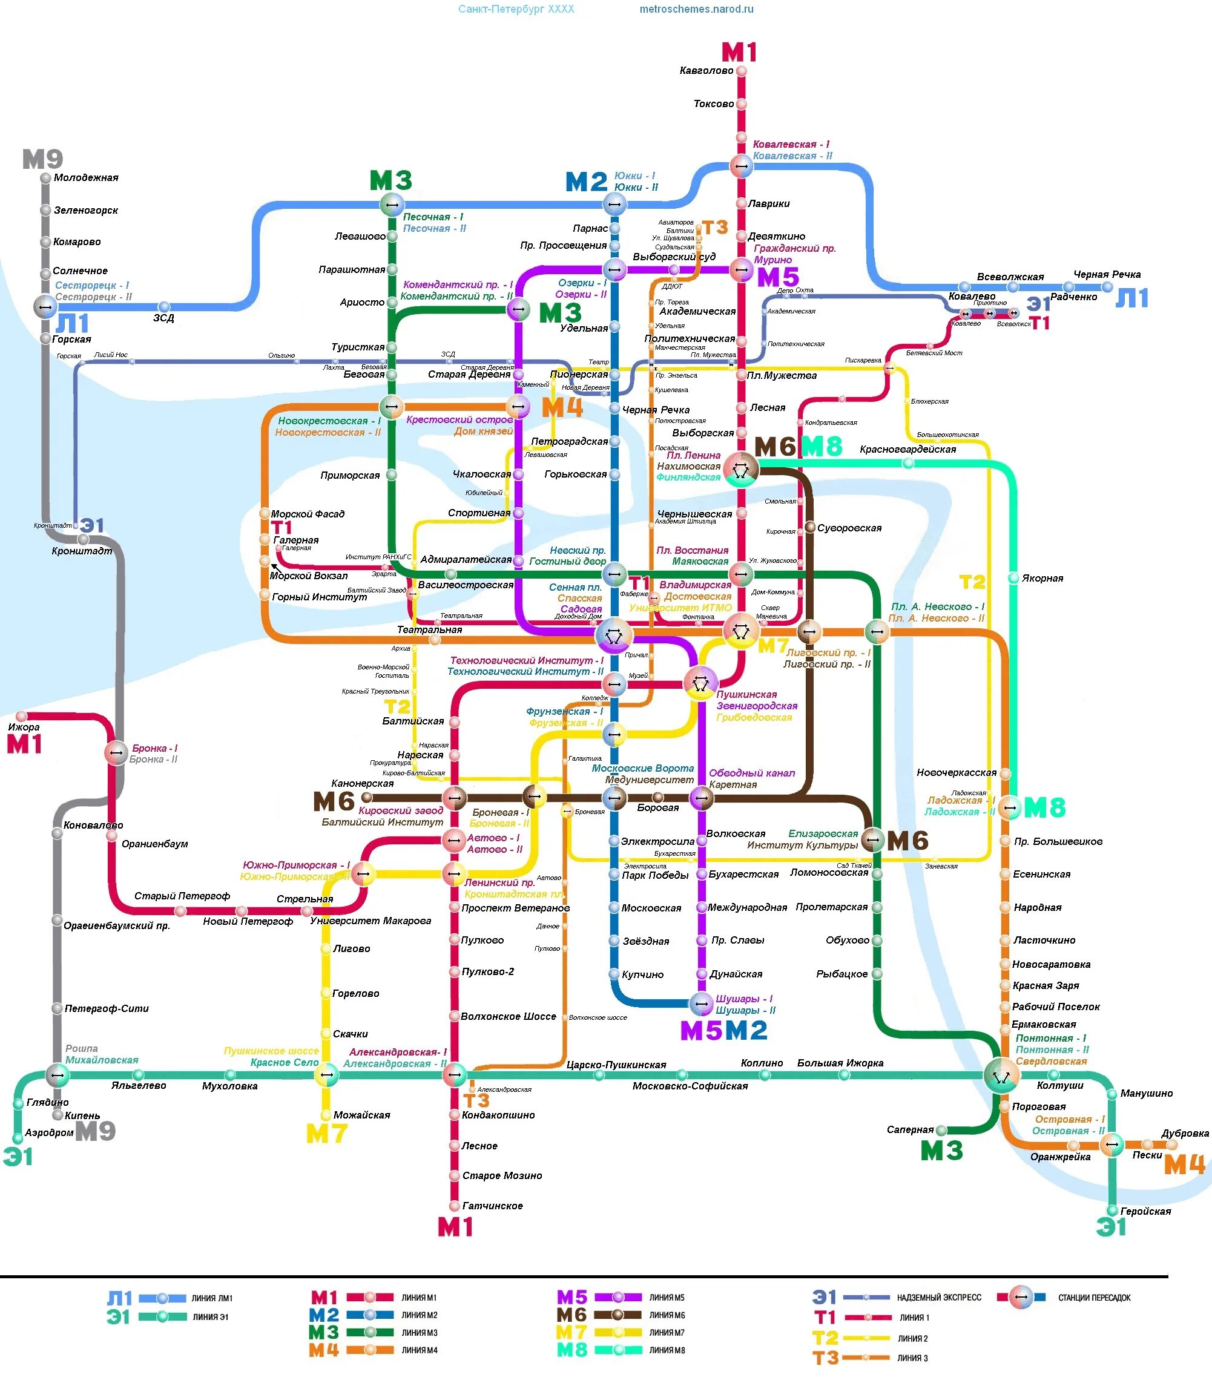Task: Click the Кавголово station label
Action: point(706,70)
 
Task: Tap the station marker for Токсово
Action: point(741,104)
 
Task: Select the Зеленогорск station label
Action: point(86,210)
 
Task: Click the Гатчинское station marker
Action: point(455,1206)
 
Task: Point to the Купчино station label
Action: point(642,974)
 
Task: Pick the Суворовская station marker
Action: point(809,527)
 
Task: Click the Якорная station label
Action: point(1042,578)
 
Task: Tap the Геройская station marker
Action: point(1113,1210)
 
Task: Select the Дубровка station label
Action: point(1185,1133)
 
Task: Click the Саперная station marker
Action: point(941,1130)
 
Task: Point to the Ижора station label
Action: point(24,727)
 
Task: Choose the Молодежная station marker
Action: point(45,179)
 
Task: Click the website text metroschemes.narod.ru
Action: point(696,10)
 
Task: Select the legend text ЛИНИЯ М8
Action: point(667,1350)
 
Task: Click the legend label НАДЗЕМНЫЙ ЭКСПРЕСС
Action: point(939,1298)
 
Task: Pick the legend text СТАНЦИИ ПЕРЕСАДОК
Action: point(1095,1298)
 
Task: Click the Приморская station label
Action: point(350,475)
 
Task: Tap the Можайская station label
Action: point(362,1115)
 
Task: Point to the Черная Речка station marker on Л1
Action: point(1107,287)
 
